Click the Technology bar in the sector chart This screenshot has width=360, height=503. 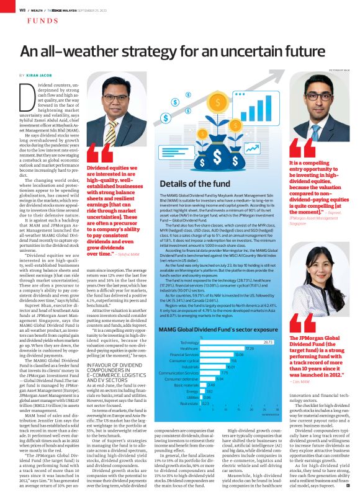[236, 342]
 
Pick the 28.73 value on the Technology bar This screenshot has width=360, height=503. [268, 342]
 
